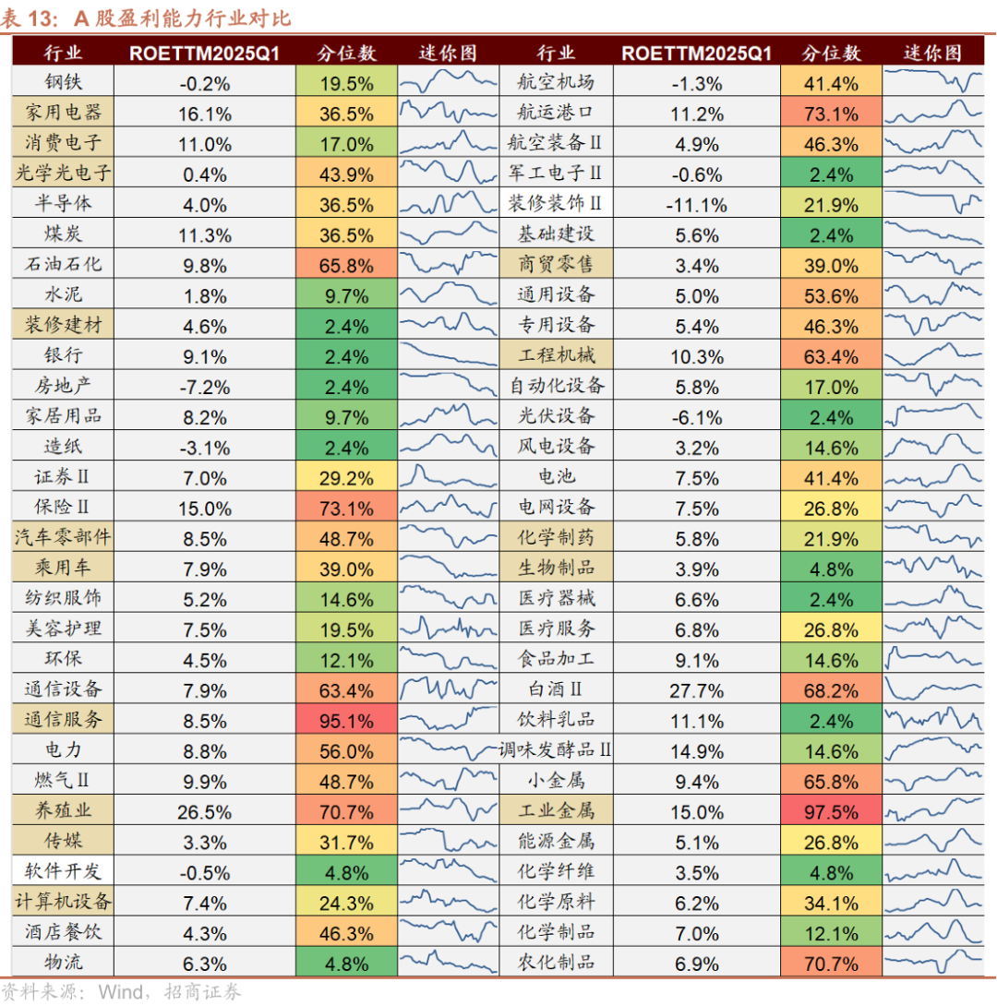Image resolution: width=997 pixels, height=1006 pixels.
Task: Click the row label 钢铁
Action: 63,83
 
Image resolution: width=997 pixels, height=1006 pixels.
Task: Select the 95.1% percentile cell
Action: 346,720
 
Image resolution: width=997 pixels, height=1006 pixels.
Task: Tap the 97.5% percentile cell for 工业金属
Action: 831,811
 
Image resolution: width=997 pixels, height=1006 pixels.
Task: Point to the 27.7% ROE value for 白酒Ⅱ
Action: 696,690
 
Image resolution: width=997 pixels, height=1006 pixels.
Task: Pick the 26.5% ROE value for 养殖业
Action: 204,811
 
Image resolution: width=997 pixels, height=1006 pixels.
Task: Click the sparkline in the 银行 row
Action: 448,355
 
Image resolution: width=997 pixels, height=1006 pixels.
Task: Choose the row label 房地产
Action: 63,386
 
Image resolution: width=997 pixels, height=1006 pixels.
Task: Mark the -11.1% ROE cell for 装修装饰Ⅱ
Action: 696,205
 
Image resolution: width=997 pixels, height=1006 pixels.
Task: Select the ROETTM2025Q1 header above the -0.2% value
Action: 204,53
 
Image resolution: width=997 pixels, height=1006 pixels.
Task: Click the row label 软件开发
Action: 63,871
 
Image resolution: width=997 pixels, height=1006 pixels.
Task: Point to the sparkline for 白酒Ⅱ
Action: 932,689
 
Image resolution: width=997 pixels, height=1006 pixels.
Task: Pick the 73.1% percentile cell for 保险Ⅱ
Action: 346,508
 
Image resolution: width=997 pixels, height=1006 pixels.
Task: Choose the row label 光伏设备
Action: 556,416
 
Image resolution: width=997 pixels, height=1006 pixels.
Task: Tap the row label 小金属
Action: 556,781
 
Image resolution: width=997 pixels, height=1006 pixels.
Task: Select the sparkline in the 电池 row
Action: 932,476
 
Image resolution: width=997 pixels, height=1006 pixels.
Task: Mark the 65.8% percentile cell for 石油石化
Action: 346,265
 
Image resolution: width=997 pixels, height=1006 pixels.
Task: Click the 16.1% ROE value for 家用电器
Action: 204,114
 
